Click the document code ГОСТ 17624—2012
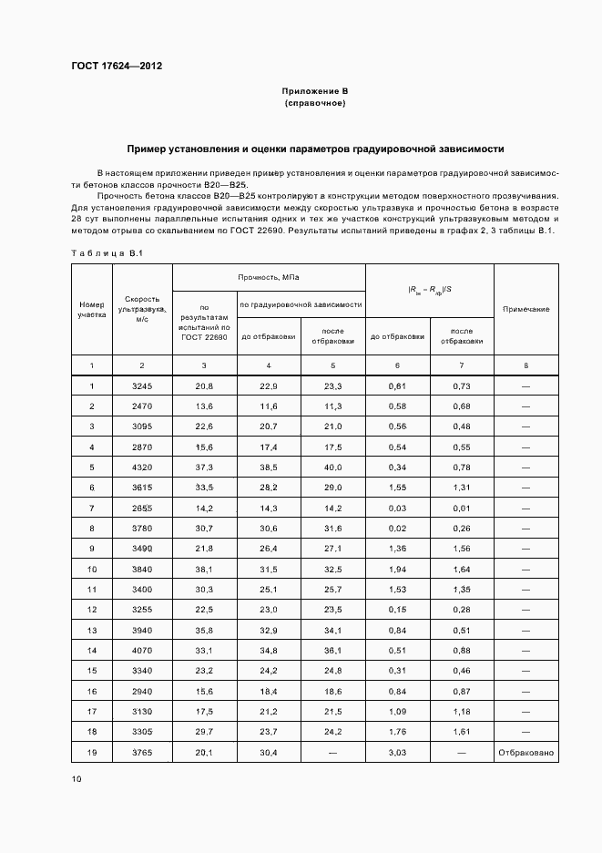click(x=116, y=66)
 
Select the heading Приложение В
click(x=315, y=92)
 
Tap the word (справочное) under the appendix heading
click(x=315, y=104)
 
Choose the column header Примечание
click(x=525, y=310)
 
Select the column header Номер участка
click(x=91, y=309)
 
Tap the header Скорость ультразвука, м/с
click(x=141, y=309)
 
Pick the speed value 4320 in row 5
click(x=141, y=467)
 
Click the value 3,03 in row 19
click(x=397, y=753)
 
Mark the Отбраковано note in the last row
click(x=525, y=753)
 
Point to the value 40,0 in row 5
click(x=333, y=467)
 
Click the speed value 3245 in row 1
click(x=141, y=386)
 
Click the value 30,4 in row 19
click(x=269, y=753)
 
